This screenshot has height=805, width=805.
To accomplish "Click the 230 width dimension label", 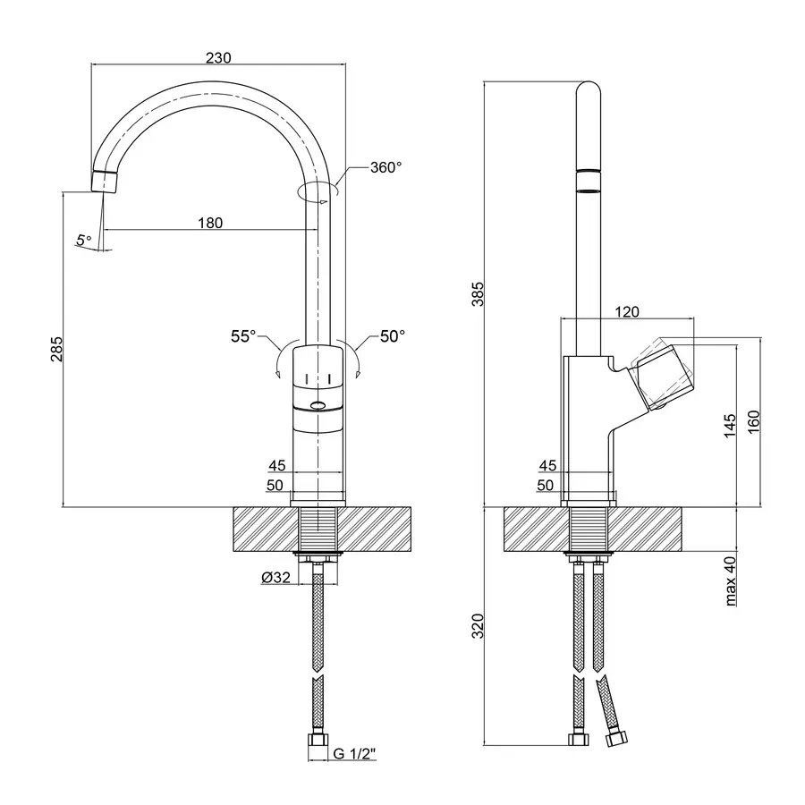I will [219, 58].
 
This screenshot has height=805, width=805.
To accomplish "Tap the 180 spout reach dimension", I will [209, 223].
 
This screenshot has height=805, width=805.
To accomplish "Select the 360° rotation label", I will [386, 167].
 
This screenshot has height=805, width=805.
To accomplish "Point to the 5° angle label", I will [83, 240].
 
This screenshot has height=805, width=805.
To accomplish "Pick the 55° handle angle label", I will [243, 336].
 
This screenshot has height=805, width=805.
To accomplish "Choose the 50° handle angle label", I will [392, 336].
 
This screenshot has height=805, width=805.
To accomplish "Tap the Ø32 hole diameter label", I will [275, 578].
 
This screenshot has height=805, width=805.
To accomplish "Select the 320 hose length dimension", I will [478, 625].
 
